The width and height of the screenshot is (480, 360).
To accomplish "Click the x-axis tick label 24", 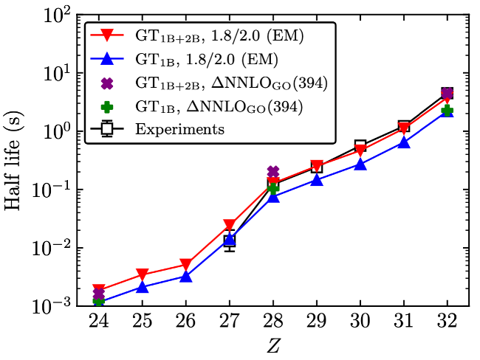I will pos(99,322).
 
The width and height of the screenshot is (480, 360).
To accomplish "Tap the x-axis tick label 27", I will pos(230,322).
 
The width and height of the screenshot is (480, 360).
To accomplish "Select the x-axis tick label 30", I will pos(360,322).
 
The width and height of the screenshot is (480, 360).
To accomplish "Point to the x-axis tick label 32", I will pos(448,322).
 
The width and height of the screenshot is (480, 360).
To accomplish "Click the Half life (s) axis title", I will pos(16,159).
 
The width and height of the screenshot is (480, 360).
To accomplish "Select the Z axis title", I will pos(272,345).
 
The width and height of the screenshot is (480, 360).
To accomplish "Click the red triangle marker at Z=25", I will pos(143,275).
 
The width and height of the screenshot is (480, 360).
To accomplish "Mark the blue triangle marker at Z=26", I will pos(186,277).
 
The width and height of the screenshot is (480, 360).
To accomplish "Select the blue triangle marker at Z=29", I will pos(317,179).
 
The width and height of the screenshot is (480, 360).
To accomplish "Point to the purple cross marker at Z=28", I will pos(273,172).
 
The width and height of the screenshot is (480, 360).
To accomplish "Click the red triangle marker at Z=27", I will pos(230,225).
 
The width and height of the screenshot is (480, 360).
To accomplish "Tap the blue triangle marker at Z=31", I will pos(404,142).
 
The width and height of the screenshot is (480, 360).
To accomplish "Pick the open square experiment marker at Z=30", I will pos(360,145).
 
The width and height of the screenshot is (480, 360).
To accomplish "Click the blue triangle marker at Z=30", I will pos(360,164).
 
